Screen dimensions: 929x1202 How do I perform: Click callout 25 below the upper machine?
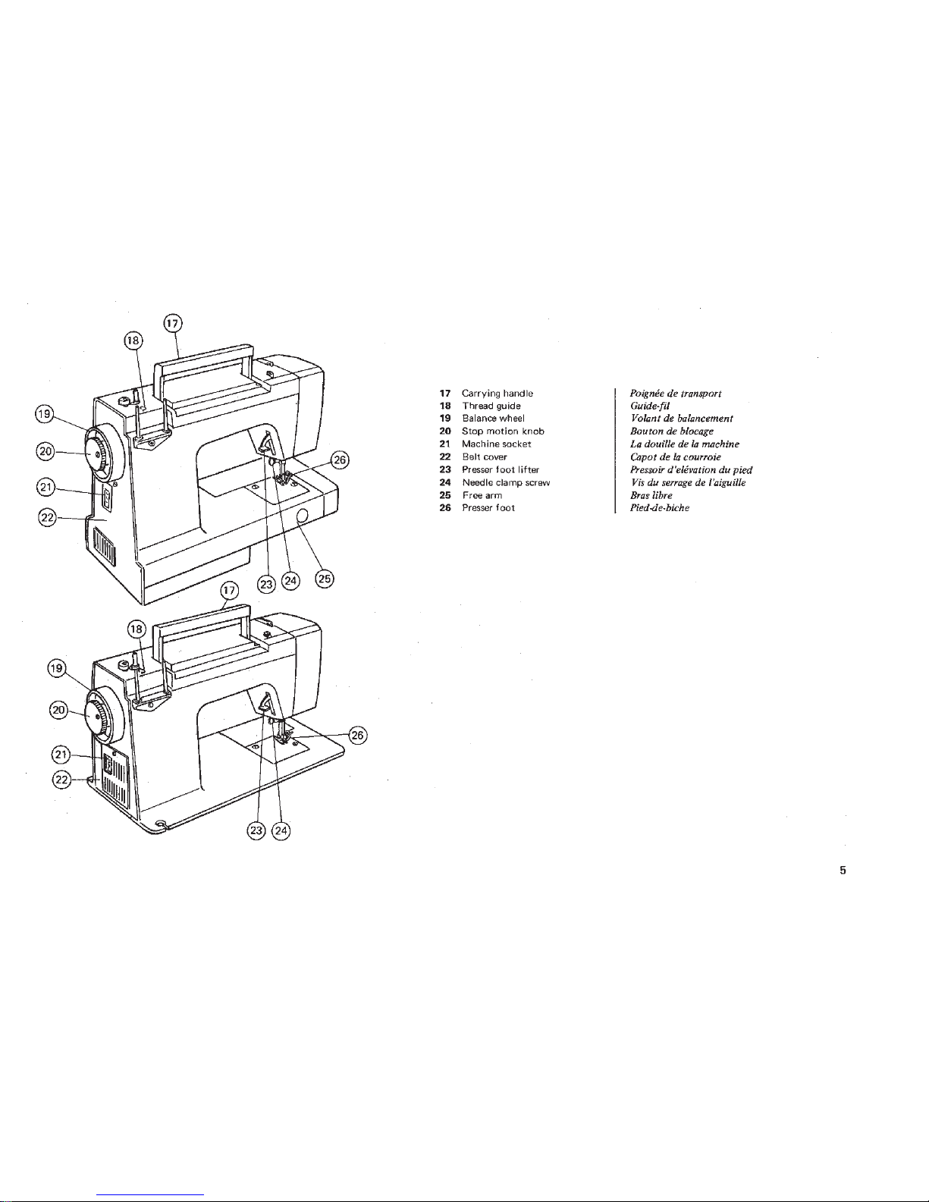(x=325, y=579)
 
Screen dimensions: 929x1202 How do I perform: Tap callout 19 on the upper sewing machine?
(x=44, y=413)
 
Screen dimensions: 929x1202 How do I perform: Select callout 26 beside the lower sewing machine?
(x=358, y=735)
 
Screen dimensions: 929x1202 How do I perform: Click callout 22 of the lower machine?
(x=61, y=780)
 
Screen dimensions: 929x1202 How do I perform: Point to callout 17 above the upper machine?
(x=173, y=323)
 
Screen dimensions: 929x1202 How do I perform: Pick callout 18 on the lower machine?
(x=136, y=629)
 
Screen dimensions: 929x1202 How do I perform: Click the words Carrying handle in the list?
(x=497, y=394)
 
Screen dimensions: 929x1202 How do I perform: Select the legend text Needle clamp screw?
(x=506, y=482)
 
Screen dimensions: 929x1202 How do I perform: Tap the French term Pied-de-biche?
(x=660, y=508)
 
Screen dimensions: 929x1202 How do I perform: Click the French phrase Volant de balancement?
(x=681, y=419)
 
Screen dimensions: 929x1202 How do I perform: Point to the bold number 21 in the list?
(x=445, y=444)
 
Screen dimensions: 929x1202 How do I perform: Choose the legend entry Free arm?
(x=482, y=495)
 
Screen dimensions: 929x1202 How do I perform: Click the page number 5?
(x=843, y=870)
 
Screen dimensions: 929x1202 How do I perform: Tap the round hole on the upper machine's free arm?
(x=302, y=516)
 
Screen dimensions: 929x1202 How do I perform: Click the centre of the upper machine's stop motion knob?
(x=98, y=454)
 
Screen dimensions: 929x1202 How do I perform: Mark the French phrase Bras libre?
(x=651, y=495)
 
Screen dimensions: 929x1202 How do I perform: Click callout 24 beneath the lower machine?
(x=281, y=830)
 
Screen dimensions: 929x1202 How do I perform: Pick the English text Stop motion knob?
(x=504, y=432)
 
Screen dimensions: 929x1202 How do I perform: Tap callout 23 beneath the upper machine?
(x=266, y=584)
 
